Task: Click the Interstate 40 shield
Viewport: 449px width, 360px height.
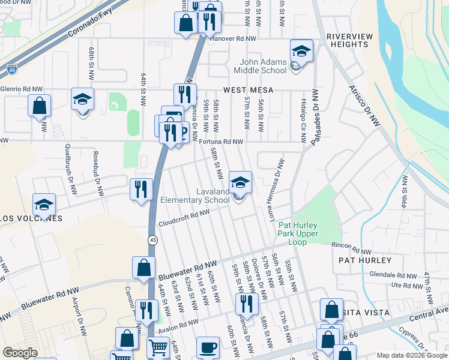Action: (12, 70)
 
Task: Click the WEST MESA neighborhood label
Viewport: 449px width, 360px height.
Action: (248, 89)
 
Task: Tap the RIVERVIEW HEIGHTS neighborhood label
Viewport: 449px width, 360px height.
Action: (349, 40)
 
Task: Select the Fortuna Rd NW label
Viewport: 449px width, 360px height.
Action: (221, 142)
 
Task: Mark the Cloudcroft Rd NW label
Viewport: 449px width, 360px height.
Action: (184, 218)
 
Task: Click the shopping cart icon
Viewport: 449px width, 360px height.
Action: (158, 347)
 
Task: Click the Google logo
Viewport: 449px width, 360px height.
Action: (20, 353)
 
